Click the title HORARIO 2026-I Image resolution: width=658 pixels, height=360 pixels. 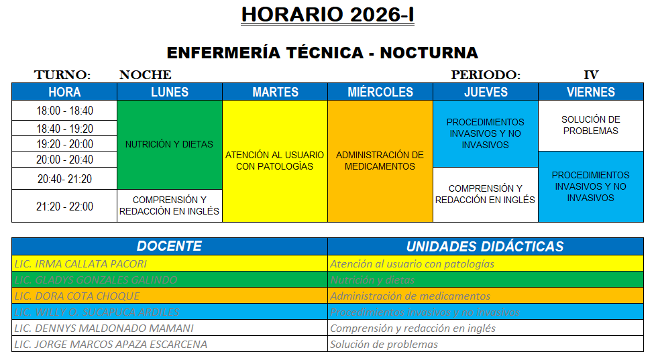coord(327,15)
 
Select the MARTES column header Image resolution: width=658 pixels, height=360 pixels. coord(275,92)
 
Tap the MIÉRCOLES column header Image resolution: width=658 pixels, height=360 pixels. coord(380,92)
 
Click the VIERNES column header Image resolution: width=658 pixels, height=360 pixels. coord(590,92)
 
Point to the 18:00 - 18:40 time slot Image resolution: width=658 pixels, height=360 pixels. coord(64,111)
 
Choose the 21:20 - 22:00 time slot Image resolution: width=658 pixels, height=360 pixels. coord(64,206)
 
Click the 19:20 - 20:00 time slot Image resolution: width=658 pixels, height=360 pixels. coord(64,144)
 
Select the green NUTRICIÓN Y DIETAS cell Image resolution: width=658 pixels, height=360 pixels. coord(169,144)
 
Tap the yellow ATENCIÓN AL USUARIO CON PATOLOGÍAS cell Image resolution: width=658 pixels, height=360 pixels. coord(274,161)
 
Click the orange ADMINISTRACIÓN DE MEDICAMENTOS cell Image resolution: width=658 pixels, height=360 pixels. coord(380,161)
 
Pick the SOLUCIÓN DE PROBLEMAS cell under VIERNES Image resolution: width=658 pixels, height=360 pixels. coord(590,125)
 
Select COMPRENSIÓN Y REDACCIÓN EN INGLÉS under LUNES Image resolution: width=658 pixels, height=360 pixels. coord(169,205)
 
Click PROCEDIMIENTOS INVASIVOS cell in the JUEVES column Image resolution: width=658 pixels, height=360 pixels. coord(485,133)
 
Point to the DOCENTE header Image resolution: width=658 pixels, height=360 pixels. coord(169,246)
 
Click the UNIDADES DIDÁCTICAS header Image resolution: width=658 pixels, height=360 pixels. coord(485,246)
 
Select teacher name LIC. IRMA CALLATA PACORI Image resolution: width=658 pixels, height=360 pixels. coord(80,263)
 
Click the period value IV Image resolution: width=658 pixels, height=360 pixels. coord(591,75)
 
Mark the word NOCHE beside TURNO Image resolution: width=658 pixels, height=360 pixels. coord(145,75)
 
